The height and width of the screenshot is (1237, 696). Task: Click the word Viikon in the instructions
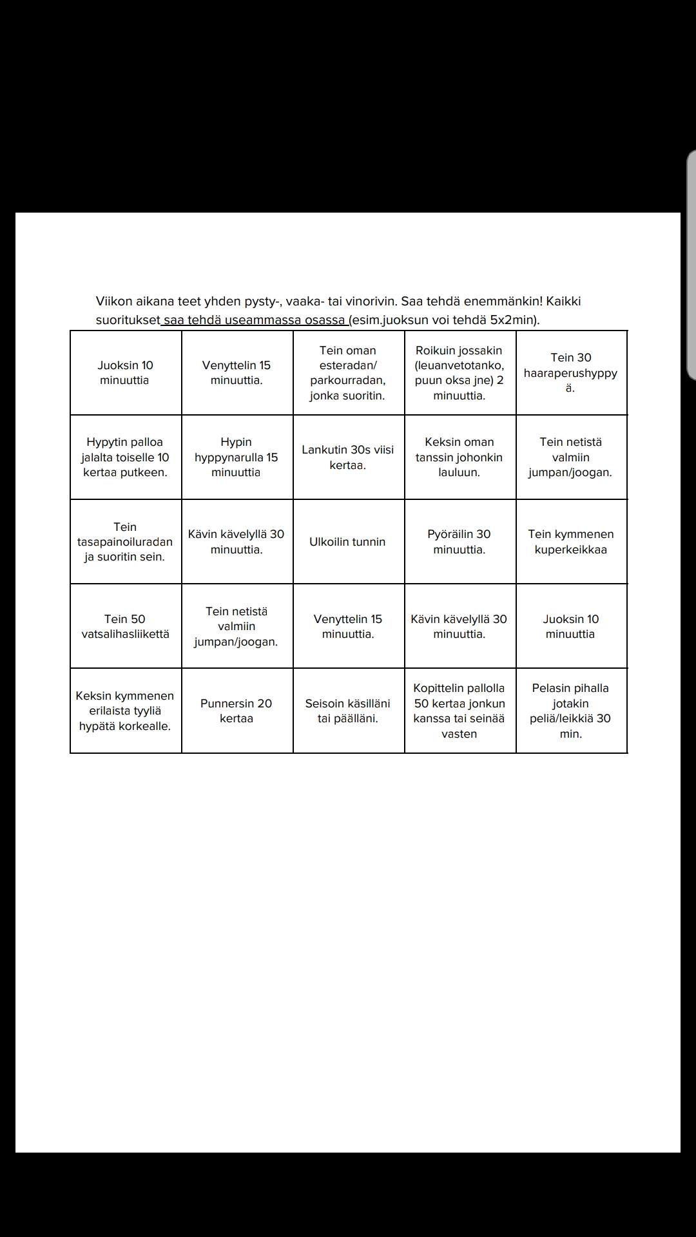click(115, 302)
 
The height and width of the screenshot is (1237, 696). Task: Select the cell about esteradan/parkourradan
click(348, 373)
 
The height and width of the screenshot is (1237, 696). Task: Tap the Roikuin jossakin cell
click(459, 373)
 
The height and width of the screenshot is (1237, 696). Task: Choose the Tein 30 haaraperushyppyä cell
click(571, 373)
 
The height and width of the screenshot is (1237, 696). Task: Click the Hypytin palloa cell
click(125, 457)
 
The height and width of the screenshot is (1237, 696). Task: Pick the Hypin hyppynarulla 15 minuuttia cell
click(237, 457)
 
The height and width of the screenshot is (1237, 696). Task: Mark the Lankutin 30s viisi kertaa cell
click(348, 457)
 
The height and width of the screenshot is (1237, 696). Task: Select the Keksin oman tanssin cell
click(459, 457)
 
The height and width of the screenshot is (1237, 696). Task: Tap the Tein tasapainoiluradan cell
click(125, 542)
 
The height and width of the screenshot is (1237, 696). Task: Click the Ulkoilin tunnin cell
click(348, 542)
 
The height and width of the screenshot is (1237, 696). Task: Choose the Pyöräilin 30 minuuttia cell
click(459, 542)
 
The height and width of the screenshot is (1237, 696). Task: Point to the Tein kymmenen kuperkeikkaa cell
click(571, 542)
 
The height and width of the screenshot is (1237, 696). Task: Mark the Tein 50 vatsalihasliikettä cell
click(125, 626)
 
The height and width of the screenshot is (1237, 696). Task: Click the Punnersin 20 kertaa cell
click(237, 711)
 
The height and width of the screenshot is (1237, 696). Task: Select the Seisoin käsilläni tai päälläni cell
click(348, 711)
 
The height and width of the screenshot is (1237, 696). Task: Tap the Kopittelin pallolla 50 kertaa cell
click(459, 711)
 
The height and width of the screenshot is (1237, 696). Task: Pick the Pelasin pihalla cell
click(571, 711)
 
